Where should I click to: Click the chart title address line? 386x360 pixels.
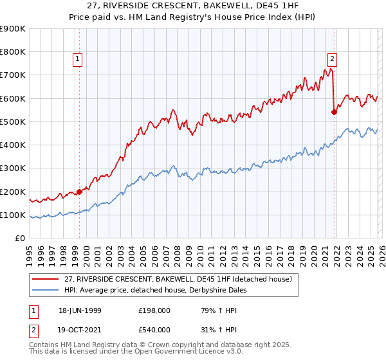point(193,6)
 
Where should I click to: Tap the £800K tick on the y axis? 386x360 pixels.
point(13,51)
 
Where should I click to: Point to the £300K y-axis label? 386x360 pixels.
point(13,168)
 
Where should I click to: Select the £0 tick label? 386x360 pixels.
point(20,239)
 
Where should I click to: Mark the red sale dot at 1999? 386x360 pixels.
point(80,192)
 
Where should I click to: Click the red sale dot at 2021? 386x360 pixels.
point(334,112)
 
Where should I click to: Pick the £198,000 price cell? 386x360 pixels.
point(153,310)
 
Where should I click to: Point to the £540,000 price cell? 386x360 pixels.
point(153,330)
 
